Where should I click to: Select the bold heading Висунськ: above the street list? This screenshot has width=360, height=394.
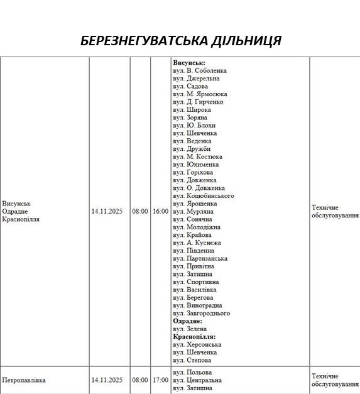click(189, 63)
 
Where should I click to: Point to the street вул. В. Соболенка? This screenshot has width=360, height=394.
click(200, 71)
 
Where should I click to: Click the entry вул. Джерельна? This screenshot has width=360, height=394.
click(196, 79)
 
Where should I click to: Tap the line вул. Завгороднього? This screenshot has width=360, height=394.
click(201, 314)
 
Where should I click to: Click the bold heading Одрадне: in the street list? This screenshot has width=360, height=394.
click(188, 321)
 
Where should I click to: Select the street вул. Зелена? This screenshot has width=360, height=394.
click(190, 329)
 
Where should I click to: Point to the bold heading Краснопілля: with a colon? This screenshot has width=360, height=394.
click(194, 337)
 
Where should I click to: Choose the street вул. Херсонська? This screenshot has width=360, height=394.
click(197, 345)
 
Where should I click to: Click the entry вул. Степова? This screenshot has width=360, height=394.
click(192, 361)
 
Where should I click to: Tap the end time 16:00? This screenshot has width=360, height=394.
click(160, 212)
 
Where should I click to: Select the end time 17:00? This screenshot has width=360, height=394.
click(160, 380)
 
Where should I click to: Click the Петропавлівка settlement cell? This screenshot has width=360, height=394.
click(24, 380)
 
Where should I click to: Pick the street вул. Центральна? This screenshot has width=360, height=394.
click(197, 380)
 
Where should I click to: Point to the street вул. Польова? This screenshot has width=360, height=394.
click(192, 373)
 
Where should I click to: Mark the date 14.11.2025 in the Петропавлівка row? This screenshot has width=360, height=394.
click(107, 380)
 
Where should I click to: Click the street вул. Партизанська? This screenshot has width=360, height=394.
click(200, 259)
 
